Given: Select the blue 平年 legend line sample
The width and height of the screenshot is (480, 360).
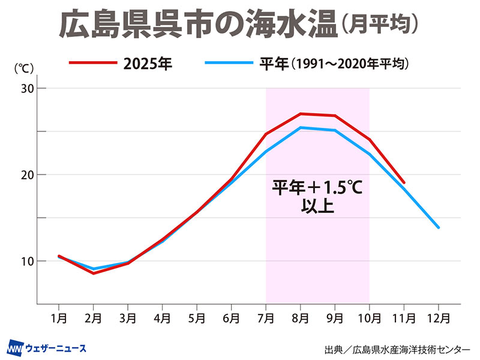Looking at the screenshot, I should click(227, 62).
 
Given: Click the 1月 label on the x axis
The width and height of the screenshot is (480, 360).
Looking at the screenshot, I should click(59, 316).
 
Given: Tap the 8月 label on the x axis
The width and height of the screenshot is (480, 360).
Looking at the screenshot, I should click(301, 316).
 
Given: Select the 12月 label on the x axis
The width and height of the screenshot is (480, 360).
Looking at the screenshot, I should click(439, 316).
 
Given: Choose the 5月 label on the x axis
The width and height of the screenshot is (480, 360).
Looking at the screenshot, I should click(197, 316).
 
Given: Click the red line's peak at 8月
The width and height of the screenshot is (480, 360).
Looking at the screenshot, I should click(301, 113).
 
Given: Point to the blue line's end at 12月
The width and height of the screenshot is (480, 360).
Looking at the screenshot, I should click(439, 227).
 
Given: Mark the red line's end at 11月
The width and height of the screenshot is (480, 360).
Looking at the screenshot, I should click(404, 182).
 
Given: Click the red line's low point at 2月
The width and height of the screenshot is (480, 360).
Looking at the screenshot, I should click(94, 273).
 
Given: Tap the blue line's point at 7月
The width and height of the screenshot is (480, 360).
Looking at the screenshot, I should click(266, 151).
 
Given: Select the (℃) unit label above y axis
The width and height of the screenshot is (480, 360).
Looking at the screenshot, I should click(23, 68).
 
